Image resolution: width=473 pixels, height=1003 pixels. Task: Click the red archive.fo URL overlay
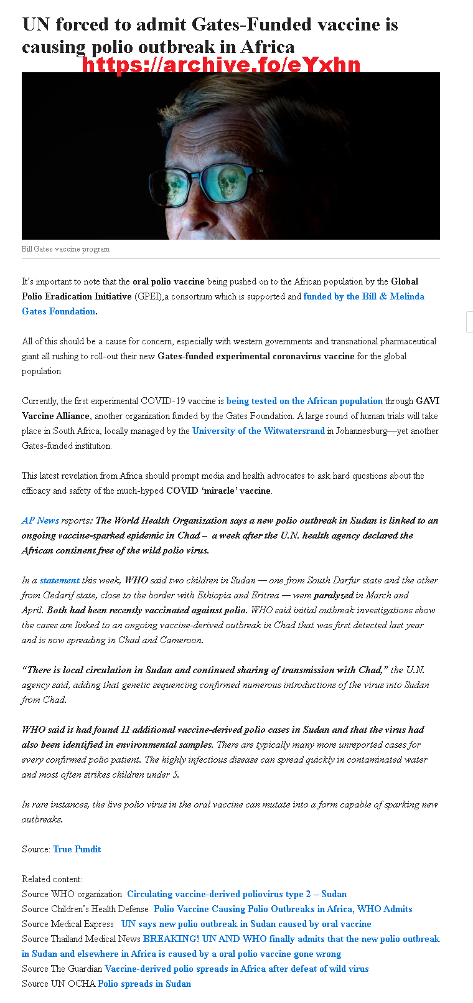pyautogui.click(x=221, y=65)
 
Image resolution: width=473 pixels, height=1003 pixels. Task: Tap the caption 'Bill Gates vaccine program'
pyautogui.click(x=65, y=249)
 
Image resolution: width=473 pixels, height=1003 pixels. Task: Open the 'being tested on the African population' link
pyautogui.click(x=304, y=401)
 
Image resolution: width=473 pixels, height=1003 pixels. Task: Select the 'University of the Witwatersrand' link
pyautogui.click(x=258, y=431)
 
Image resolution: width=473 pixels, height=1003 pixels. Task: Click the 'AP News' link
pyautogui.click(x=40, y=520)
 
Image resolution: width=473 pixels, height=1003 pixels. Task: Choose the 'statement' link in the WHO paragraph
pyautogui.click(x=60, y=580)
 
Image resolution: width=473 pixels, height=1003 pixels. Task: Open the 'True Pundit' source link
pyautogui.click(x=77, y=849)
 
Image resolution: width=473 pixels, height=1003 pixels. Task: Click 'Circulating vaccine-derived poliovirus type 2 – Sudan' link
pyautogui.click(x=236, y=894)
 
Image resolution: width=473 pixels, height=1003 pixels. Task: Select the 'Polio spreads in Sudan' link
pyautogui.click(x=144, y=984)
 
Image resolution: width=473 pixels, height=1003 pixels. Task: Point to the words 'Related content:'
pyautogui.click(x=52, y=879)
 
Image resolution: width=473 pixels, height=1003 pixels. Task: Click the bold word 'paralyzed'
pyautogui.click(x=334, y=595)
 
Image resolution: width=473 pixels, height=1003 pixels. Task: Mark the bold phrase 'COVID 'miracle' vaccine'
pyautogui.click(x=218, y=491)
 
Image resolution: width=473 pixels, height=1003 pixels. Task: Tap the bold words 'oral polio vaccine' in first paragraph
pyautogui.click(x=168, y=281)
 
